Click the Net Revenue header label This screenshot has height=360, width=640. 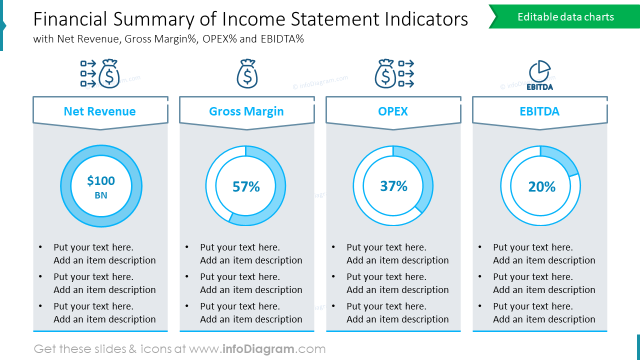pyautogui.click(x=99, y=111)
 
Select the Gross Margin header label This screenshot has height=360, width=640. pyautogui.click(x=246, y=111)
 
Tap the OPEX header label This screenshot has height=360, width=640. pyautogui.click(x=393, y=111)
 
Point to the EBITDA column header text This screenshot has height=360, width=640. pyautogui.click(x=539, y=111)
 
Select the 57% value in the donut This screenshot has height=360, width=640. pyautogui.click(x=246, y=186)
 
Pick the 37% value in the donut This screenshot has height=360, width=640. pyautogui.click(x=393, y=186)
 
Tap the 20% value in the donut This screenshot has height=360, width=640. pyautogui.click(x=541, y=186)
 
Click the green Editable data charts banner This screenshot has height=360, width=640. pyautogui.click(x=565, y=17)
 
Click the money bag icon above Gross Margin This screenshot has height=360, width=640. pyautogui.click(x=247, y=74)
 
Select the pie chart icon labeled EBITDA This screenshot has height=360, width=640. pyautogui.click(x=539, y=75)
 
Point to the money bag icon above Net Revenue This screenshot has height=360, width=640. pyautogui.click(x=109, y=74)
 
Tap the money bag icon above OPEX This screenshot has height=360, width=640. pyautogui.click(x=385, y=74)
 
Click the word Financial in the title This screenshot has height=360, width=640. pyautogui.click(x=70, y=19)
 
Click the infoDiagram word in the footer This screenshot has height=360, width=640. pyautogui.click(x=258, y=349)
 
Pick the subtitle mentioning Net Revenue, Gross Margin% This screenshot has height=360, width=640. pyautogui.click(x=168, y=39)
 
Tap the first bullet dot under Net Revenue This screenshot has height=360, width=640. pyautogui.click(x=40, y=247)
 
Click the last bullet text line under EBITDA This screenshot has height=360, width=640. pyautogui.click(x=544, y=319)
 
